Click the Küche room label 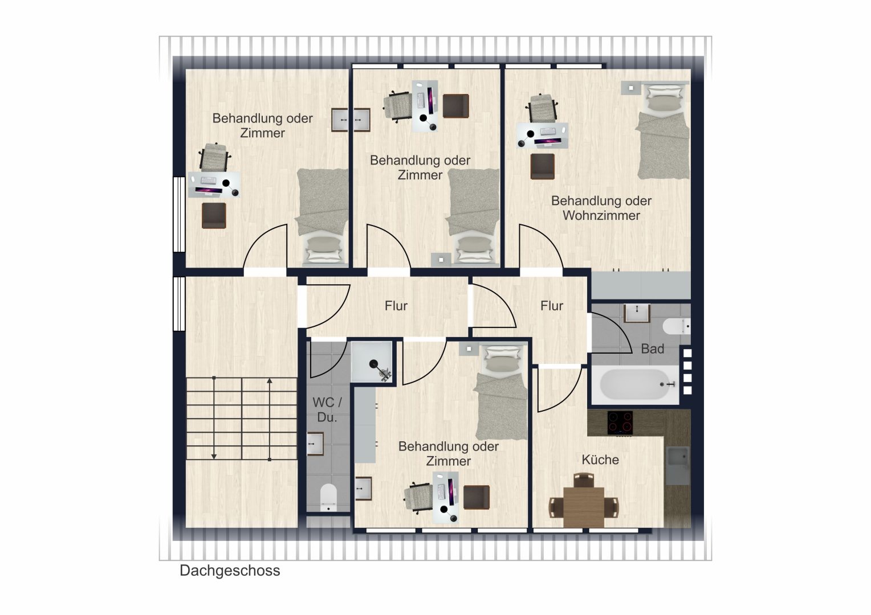pyautogui.click(x=600, y=460)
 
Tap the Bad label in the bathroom pyautogui.click(x=652, y=349)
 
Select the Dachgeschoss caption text pyautogui.click(x=230, y=571)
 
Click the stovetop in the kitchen pyautogui.click(x=620, y=423)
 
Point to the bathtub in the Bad pyautogui.click(x=634, y=384)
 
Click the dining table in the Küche pyautogui.click(x=584, y=507)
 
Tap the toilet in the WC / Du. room pyautogui.click(x=328, y=498)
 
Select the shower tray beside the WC pyautogui.click(x=371, y=362)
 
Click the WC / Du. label pyautogui.click(x=327, y=410)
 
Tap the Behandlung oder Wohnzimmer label pyautogui.click(x=601, y=208)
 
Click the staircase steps pyautogui.click(x=242, y=419)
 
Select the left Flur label pyautogui.click(x=396, y=306)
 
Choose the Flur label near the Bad pyautogui.click(x=551, y=306)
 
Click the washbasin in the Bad pyautogui.click(x=637, y=313)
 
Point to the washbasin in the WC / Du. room pyautogui.click(x=315, y=444)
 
